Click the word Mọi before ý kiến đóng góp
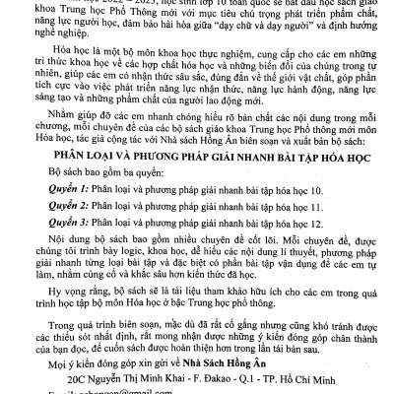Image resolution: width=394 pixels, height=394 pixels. click(43, 361)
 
